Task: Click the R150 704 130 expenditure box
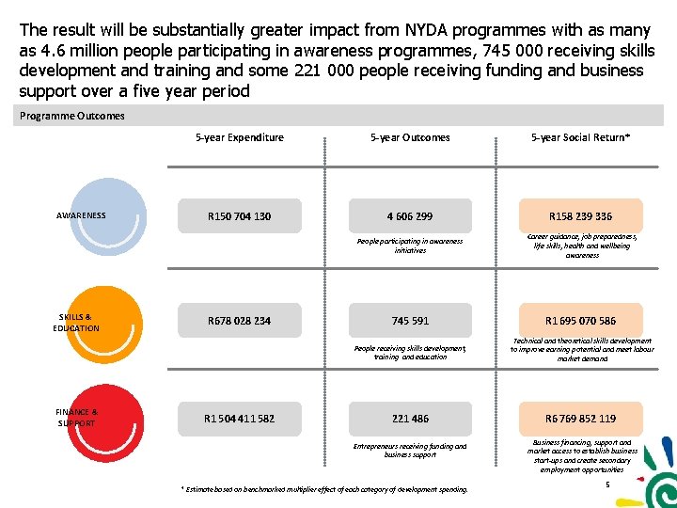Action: pyautogui.click(x=240, y=216)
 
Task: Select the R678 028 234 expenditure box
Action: pyautogui.click(x=240, y=321)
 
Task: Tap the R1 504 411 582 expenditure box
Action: pyautogui.click(x=240, y=419)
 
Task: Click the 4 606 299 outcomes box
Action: pyautogui.click(x=409, y=216)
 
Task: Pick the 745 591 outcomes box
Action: pyautogui.click(x=409, y=321)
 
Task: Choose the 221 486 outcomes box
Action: pyautogui.click(x=409, y=419)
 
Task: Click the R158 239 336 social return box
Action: pyautogui.click(x=582, y=216)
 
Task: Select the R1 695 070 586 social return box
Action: pyautogui.click(x=582, y=321)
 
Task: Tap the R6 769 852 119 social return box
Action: pyautogui.click(x=582, y=419)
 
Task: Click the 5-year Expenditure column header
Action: pyautogui.click(x=239, y=137)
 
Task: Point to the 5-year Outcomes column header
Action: pyautogui.click(x=409, y=137)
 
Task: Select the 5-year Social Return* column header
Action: pyautogui.click(x=580, y=137)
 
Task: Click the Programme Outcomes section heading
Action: pyautogui.click(x=71, y=116)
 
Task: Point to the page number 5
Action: pyautogui.click(x=608, y=484)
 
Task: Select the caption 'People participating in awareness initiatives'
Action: pyautogui.click(x=409, y=246)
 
